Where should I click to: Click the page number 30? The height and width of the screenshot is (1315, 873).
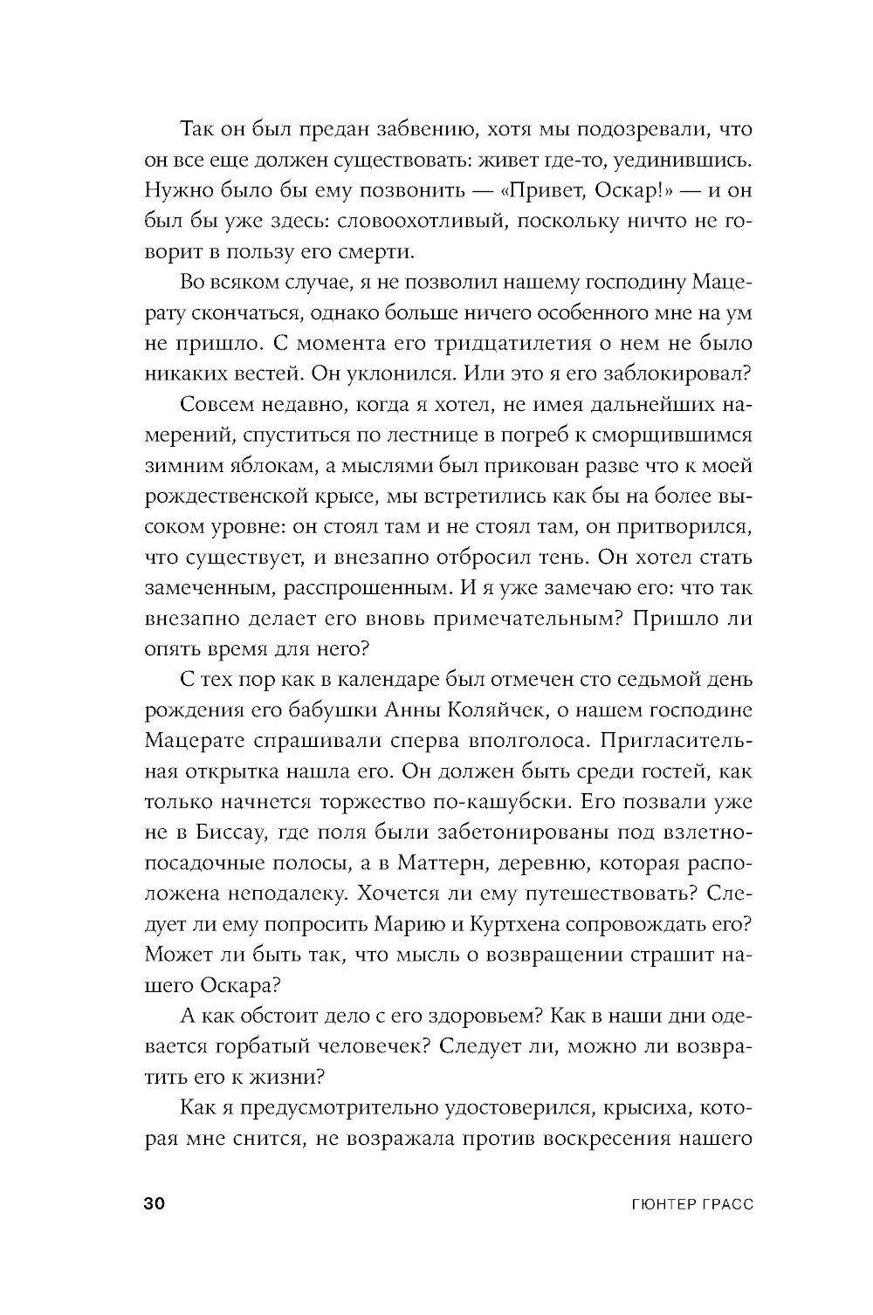[x=154, y=1203]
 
